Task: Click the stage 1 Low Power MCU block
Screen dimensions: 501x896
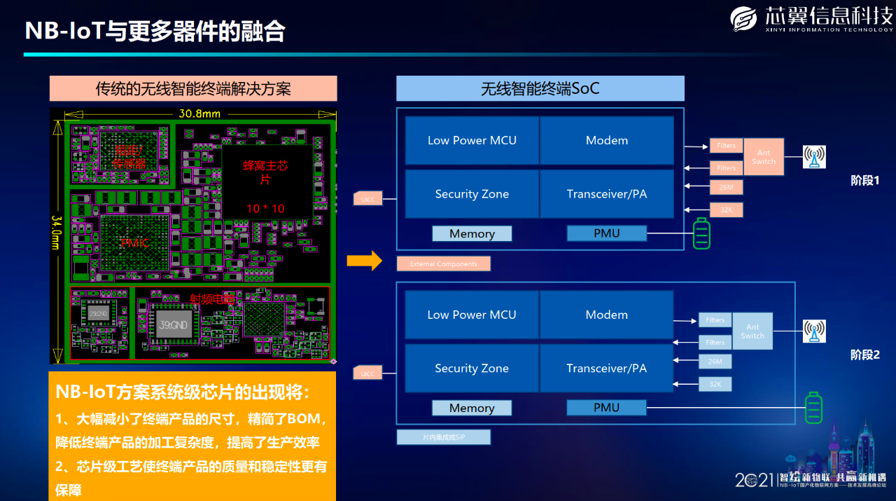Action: (472, 141)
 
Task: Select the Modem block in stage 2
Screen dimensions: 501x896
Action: (606, 315)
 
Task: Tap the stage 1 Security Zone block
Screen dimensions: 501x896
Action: (472, 194)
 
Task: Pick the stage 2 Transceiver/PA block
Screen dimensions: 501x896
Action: (606, 369)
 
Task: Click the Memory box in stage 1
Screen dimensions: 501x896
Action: (472, 233)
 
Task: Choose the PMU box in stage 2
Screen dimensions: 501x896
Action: (606, 408)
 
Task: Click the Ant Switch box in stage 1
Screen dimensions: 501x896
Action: (764, 157)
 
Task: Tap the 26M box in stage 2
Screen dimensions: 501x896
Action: (715, 362)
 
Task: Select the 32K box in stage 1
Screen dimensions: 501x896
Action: (726, 210)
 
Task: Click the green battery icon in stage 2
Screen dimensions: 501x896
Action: (813, 408)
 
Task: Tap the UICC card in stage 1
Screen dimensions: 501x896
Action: (367, 199)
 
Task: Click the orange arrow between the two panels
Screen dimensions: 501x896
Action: (365, 261)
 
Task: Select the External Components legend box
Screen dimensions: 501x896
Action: (443, 264)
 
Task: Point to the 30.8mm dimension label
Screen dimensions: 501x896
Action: (199, 114)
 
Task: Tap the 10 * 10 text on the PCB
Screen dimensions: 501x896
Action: (265, 208)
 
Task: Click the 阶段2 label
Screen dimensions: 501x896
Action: (864, 355)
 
